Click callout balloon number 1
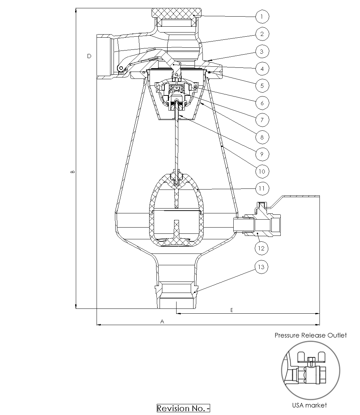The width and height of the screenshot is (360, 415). (x=262, y=16)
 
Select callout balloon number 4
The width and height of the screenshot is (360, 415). (x=262, y=68)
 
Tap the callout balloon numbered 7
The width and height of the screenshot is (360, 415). (x=262, y=120)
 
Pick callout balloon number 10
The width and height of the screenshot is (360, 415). (x=262, y=171)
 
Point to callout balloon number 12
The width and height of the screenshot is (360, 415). (x=262, y=248)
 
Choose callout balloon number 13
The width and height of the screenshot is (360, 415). (x=262, y=267)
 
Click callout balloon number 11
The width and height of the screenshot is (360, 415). (x=262, y=188)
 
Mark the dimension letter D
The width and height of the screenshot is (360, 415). (x=89, y=56)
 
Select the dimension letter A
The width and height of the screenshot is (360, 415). (x=162, y=321)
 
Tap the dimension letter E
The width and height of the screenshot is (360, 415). (x=232, y=310)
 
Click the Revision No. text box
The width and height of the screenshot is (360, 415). (x=183, y=408)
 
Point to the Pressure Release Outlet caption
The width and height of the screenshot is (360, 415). (x=310, y=335)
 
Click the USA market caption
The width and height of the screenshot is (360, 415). (x=309, y=405)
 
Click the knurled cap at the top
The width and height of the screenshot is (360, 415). (x=177, y=14)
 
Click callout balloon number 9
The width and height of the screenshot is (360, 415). (x=262, y=154)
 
